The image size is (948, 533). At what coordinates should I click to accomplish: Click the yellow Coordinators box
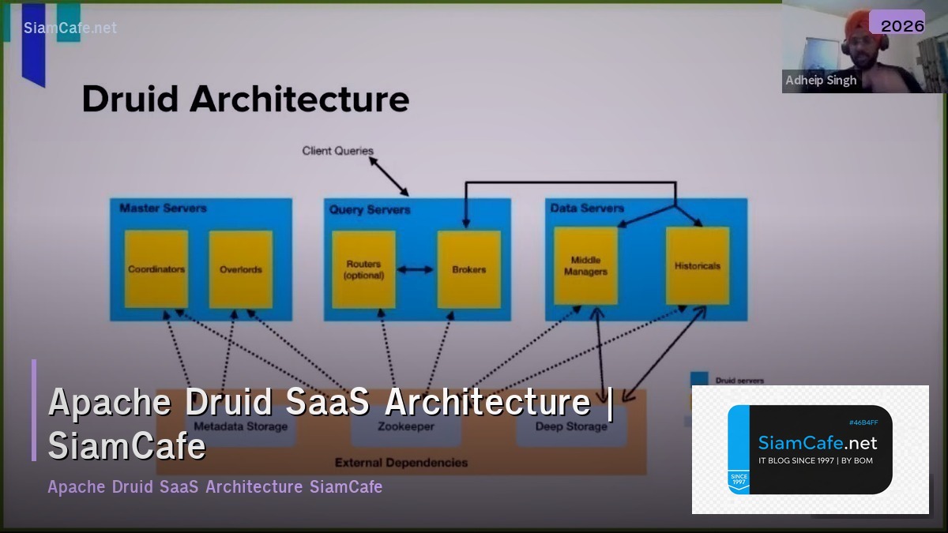tap(156, 268)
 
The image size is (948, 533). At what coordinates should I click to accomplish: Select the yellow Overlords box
tap(240, 268)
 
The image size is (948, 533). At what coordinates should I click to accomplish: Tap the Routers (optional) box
tap(363, 269)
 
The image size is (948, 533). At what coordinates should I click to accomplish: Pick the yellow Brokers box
tap(468, 269)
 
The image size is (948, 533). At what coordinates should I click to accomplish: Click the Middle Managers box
tap(585, 265)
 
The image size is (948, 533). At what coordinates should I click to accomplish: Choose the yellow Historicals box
tap(698, 265)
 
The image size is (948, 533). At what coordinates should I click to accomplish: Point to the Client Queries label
tap(337, 150)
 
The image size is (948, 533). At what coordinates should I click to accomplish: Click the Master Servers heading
tap(163, 208)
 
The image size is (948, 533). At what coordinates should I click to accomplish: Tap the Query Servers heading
tap(370, 209)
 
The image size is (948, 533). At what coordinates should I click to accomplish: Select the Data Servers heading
tap(587, 208)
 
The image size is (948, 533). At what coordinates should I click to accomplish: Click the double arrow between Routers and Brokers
tap(416, 269)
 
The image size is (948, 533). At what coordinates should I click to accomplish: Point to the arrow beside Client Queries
tap(389, 175)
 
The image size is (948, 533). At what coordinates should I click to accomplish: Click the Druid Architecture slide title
tap(246, 99)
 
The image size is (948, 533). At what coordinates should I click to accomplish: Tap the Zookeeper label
tap(404, 426)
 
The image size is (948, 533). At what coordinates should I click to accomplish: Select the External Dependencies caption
tap(401, 463)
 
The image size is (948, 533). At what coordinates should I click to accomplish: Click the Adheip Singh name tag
tap(821, 81)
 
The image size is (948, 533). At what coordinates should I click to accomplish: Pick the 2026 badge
tap(902, 25)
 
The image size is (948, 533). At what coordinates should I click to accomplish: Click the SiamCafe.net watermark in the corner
tap(70, 28)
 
